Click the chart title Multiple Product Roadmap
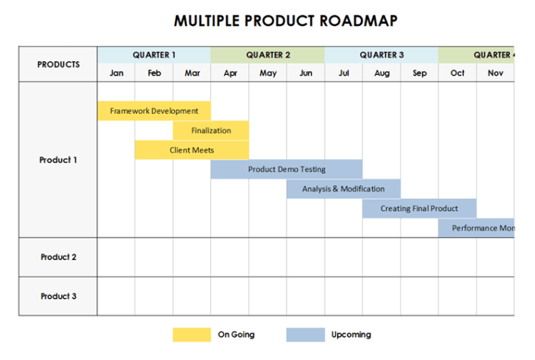click(285, 21)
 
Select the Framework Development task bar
click(154, 111)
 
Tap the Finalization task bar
click(211, 131)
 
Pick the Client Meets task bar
click(192, 150)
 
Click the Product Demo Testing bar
click(287, 169)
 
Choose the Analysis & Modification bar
click(343, 189)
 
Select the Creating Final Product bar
click(419, 208)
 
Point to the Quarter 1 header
click(154, 55)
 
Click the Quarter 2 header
click(267, 55)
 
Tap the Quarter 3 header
click(381, 55)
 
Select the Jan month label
click(116, 73)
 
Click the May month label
click(267, 73)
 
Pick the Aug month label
click(381, 73)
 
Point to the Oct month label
click(457, 73)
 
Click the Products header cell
click(58, 64)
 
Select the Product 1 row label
click(58, 161)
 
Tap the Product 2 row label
click(58, 257)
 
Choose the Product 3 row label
click(58, 296)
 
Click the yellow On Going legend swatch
click(192, 335)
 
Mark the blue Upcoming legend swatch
click(305, 335)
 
